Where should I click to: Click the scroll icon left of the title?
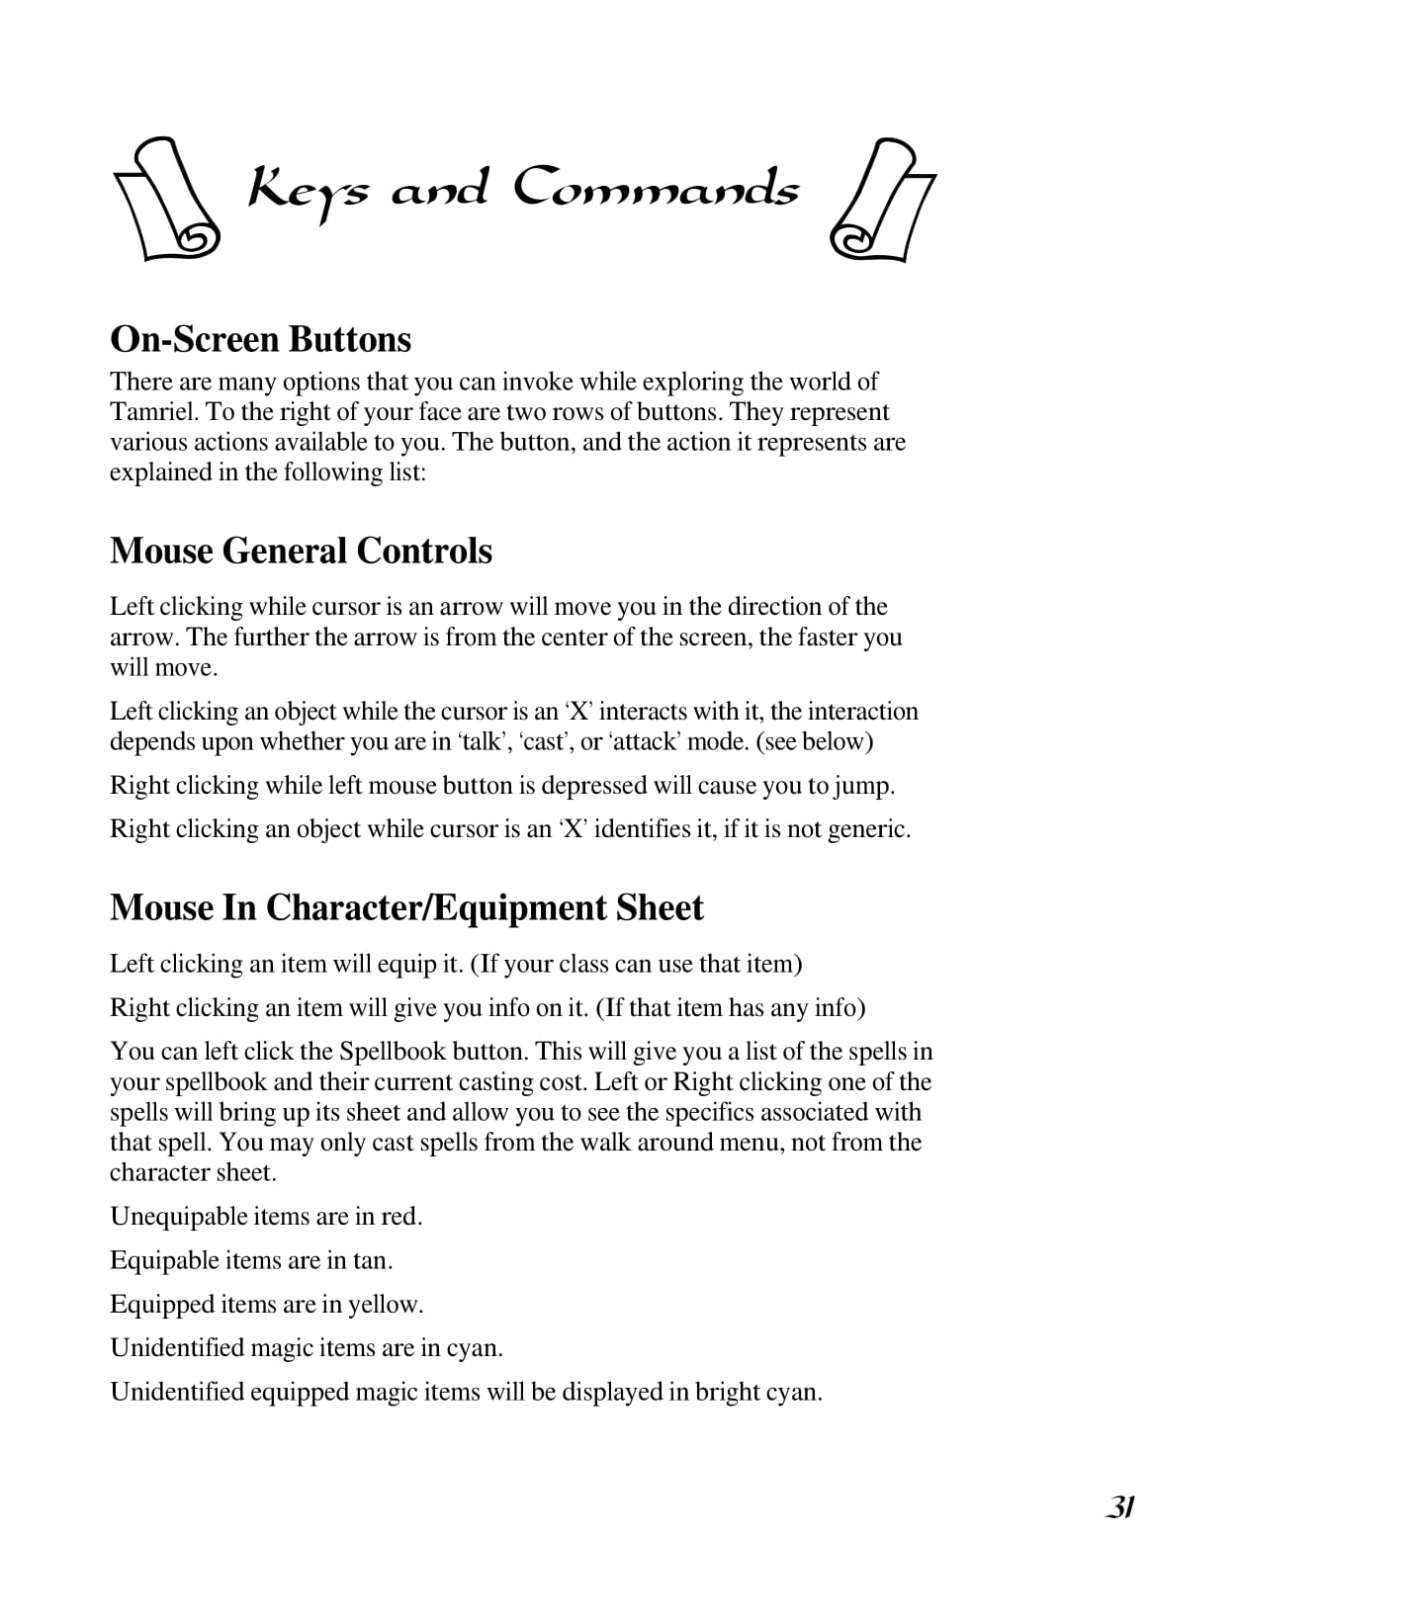[165, 199]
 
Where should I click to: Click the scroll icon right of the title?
[882, 200]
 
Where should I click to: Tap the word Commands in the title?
[655, 188]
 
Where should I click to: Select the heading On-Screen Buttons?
[260, 339]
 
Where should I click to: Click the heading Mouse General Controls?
[301, 551]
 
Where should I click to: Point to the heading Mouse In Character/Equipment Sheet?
[406, 907]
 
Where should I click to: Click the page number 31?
[1119, 1507]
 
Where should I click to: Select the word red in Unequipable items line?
[400, 1217]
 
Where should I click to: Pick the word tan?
[372, 1260]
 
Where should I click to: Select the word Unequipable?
[178, 1217]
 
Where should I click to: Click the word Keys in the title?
[308, 190]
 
